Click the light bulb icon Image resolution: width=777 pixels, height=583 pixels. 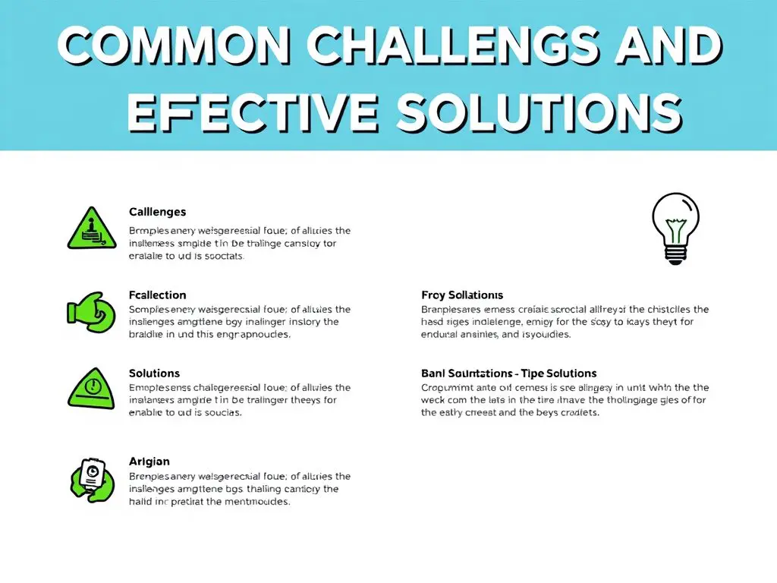(x=675, y=228)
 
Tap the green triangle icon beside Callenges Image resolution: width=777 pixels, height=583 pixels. (x=91, y=228)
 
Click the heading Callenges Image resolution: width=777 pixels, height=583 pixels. (x=157, y=212)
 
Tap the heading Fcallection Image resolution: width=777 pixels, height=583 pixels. (x=157, y=295)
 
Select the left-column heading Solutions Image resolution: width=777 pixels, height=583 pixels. (x=155, y=373)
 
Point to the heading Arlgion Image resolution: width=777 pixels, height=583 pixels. (x=149, y=462)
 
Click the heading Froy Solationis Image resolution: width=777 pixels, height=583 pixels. (x=462, y=295)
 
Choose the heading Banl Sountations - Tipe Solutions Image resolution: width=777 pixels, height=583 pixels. (x=508, y=373)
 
